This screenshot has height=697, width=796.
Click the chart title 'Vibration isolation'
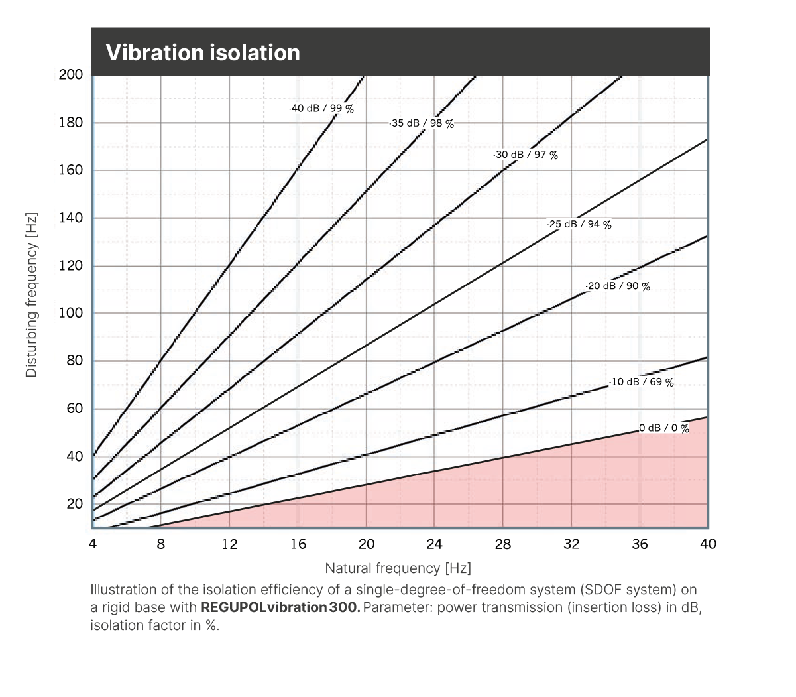click(x=203, y=52)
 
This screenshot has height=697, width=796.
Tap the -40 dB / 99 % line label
click(x=321, y=109)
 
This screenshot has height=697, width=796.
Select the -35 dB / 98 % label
click(x=422, y=123)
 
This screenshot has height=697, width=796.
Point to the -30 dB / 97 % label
click(x=526, y=155)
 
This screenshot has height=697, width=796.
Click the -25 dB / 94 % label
click(x=579, y=224)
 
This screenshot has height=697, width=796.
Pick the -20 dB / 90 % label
click(x=618, y=286)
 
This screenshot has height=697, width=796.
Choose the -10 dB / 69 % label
click(x=641, y=382)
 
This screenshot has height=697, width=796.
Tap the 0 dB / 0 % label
click(x=664, y=428)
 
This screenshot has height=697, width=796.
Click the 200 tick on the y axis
click(x=71, y=74)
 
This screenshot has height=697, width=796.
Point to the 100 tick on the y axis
click(x=71, y=313)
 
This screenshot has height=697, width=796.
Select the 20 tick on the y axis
click(x=74, y=504)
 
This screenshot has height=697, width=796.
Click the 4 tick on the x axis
click(x=93, y=544)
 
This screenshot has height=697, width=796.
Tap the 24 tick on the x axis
click(x=434, y=544)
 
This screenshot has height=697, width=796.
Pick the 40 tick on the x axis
click(x=708, y=544)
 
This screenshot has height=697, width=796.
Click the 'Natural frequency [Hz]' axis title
click(x=398, y=568)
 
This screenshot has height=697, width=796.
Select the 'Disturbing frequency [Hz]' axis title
click(x=31, y=295)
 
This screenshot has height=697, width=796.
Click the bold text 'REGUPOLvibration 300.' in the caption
click(x=280, y=607)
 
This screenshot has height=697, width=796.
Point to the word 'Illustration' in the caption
click(x=123, y=590)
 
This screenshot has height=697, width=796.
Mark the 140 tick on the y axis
click(x=71, y=218)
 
